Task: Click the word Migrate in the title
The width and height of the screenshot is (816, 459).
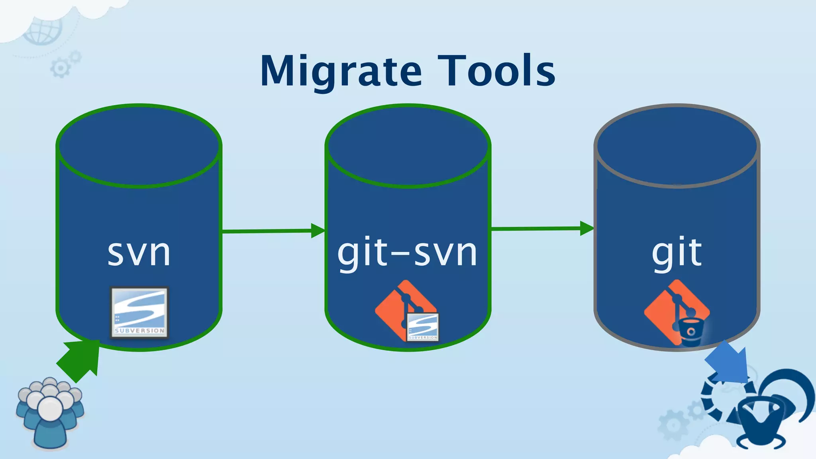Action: point(341,72)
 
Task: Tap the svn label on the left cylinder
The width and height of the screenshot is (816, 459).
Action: point(139,253)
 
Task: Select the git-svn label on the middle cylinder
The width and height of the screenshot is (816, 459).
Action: point(407,253)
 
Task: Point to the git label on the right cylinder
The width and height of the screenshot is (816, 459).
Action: point(677,253)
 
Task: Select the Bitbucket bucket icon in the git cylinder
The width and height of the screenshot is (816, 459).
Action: point(690,331)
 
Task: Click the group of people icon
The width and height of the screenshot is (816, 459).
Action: point(49,412)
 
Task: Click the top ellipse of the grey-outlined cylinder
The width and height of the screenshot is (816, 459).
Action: point(677,146)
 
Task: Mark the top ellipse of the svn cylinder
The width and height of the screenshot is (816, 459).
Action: point(139,146)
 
